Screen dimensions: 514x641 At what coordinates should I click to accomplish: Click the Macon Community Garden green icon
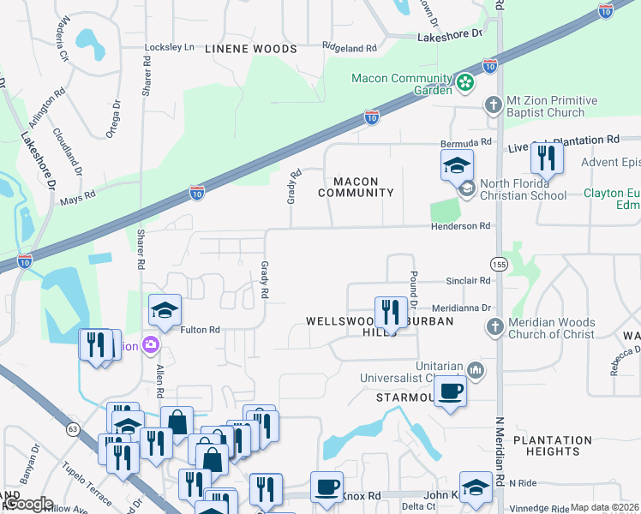[464, 83]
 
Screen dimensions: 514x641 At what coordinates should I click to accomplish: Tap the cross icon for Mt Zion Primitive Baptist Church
[493, 105]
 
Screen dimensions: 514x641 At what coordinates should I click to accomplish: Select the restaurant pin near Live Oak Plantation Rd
[545, 158]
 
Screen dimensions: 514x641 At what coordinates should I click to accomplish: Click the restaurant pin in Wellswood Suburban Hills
[391, 313]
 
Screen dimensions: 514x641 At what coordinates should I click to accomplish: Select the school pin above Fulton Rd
[165, 311]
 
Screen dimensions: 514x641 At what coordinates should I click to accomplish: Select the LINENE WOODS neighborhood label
[251, 49]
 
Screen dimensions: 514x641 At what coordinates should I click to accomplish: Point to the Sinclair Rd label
[467, 280]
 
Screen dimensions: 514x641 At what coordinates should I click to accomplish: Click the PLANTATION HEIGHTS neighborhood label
[552, 445]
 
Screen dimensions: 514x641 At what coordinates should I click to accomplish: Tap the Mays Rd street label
[77, 202]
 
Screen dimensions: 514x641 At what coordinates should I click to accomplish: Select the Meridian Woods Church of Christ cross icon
[493, 326]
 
